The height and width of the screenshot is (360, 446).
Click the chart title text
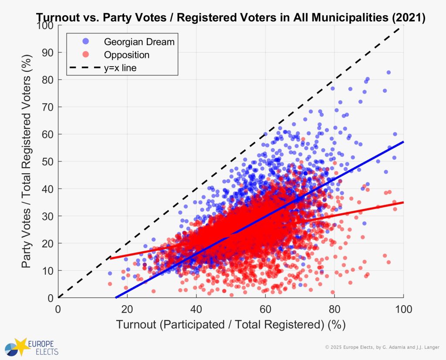point(230,17)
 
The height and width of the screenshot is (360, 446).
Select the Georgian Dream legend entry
point(139,42)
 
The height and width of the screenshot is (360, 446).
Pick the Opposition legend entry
point(126,55)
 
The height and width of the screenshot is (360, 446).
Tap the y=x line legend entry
point(120,68)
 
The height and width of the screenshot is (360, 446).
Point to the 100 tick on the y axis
point(46,25)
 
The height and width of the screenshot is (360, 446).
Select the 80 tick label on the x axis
point(334,309)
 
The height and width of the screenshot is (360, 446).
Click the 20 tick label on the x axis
point(127,309)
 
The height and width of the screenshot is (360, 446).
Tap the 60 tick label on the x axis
point(265,309)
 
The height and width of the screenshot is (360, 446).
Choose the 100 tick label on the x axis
point(403,309)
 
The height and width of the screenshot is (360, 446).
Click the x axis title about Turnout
point(230,325)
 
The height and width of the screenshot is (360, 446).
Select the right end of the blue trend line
point(403,142)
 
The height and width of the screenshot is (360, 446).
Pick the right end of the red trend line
point(403,202)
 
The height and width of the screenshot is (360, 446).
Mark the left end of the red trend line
point(111,259)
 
